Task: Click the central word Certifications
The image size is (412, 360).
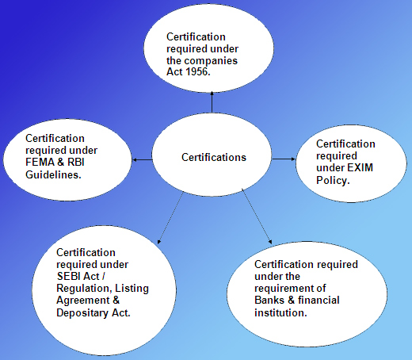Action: pyautogui.click(x=214, y=157)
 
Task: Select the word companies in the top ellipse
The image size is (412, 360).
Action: pyautogui.click(x=211, y=61)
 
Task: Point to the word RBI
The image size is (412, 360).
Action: pyautogui.click(x=76, y=162)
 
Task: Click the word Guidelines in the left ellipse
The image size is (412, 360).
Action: pyautogui.click(x=52, y=174)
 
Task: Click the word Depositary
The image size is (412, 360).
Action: pyautogui.click(x=82, y=313)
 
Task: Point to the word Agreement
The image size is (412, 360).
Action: pyautogui.click(x=83, y=301)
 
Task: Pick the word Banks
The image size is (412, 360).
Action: pyautogui.click(x=269, y=300)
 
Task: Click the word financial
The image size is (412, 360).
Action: pyautogui.click(x=319, y=300)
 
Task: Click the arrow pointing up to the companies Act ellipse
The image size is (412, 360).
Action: pyautogui.click(x=212, y=102)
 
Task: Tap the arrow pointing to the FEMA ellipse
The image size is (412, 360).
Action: pyautogui.click(x=143, y=159)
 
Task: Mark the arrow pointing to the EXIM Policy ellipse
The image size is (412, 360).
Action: pyautogui.click(x=284, y=159)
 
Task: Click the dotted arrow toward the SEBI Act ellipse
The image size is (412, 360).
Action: pyautogui.click(x=170, y=218)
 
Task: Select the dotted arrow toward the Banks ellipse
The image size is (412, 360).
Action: pyautogui.click(x=257, y=216)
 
